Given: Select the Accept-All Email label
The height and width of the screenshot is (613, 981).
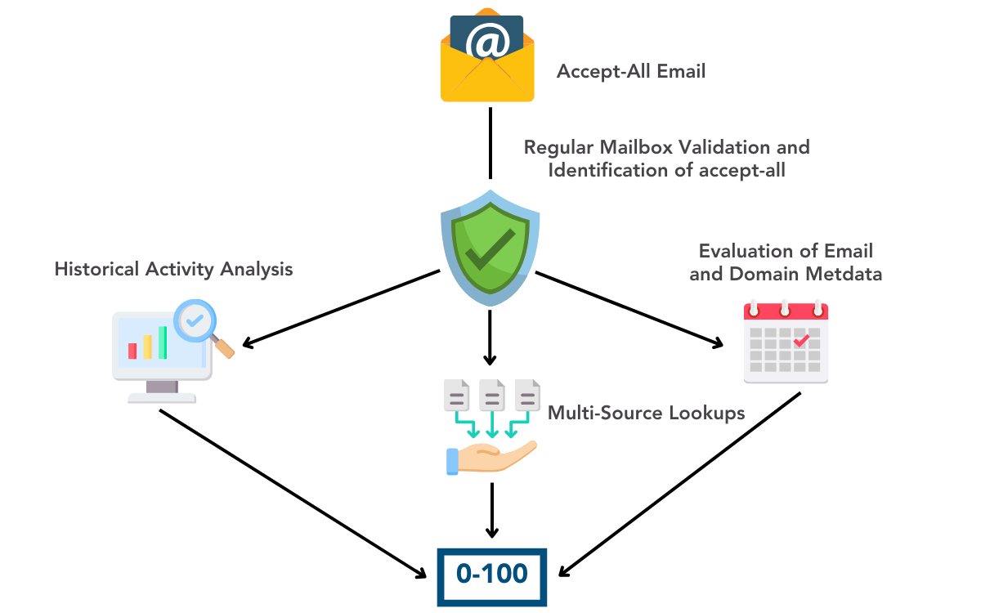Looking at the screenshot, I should (x=630, y=71).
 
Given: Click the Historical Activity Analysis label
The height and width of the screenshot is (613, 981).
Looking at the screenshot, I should (x=173, y=269).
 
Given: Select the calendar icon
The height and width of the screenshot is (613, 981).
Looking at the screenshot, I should (x=786, y=342).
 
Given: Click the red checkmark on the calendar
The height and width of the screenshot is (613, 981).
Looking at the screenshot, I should (x=802, y=338).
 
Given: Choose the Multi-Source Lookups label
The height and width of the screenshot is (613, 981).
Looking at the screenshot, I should (x=646, y=413).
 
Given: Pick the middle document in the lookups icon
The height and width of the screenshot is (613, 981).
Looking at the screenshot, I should (x=491, y=396).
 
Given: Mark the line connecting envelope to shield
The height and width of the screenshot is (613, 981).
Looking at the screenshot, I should (x=490, y=142).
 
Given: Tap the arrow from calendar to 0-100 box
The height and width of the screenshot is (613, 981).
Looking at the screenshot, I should (x=679, y=482).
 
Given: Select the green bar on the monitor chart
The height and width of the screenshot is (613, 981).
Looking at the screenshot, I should (x=163, y=342).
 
